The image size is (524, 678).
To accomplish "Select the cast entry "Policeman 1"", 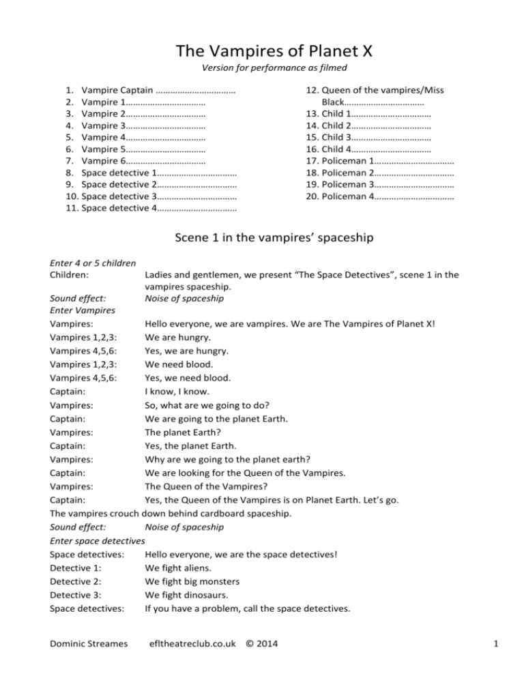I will point(347,160).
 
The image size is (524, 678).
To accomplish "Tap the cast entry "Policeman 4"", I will point(347,196).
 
